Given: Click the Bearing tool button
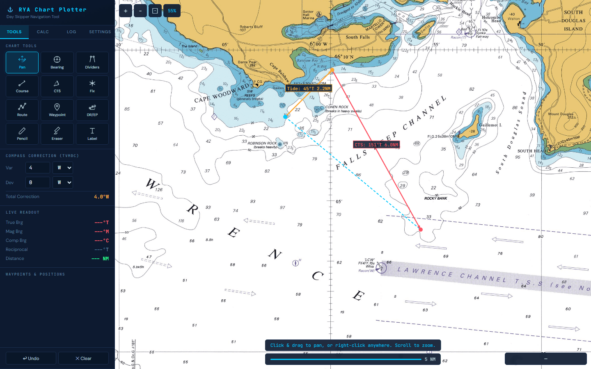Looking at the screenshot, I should tap(57, 62).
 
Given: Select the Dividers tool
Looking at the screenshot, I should tap(92, 62).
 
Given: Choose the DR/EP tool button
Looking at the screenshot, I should tap(92, 110).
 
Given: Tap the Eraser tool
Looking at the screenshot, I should tap(57, 134).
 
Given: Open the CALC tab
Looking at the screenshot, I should tap(43, 32).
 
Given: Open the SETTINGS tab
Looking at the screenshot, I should tap(100, 32).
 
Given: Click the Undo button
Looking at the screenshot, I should tap(31, 358).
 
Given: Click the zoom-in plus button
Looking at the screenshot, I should tap(126, 11).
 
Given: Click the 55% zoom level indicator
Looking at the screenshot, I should tap(172, 11).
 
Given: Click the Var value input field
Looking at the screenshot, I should tap(38, 168).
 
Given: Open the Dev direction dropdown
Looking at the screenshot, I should tap(63, 182).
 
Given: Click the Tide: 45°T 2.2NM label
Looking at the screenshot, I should tap(309, 89).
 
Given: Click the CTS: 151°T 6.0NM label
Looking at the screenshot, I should tap(376, 145).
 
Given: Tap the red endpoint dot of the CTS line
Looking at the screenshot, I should tap(420, 230).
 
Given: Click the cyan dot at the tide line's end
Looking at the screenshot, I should tap(286, 117).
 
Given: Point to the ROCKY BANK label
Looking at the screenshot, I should tap(435, 198).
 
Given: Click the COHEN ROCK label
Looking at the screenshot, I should tap(337, 107).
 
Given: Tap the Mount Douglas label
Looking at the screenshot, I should tap(561, 114).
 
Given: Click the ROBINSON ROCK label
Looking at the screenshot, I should tap(262, 143).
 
